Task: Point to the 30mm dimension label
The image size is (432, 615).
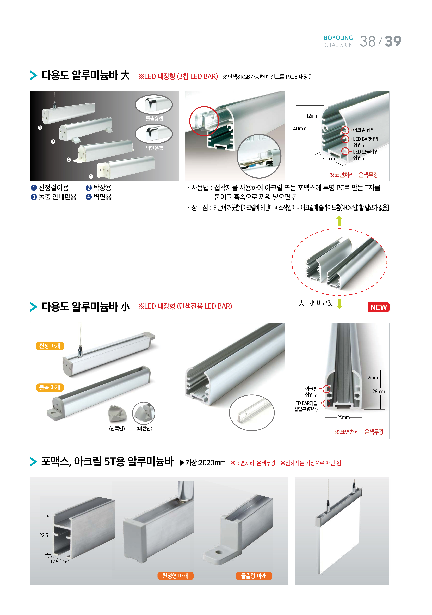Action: click(328, 159)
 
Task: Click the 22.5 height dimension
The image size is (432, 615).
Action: click(44, 535)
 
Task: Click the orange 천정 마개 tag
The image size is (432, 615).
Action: click(50, 346)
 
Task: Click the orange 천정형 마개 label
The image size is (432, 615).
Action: click(175, 576)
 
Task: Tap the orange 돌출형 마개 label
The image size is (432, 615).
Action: click(254, 576)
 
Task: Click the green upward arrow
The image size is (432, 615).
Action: click(339, 221)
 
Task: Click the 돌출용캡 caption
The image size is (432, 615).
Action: click(154, 118)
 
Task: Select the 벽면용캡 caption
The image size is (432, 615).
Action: click(154, 148)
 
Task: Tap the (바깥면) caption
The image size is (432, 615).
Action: click(144, 428)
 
